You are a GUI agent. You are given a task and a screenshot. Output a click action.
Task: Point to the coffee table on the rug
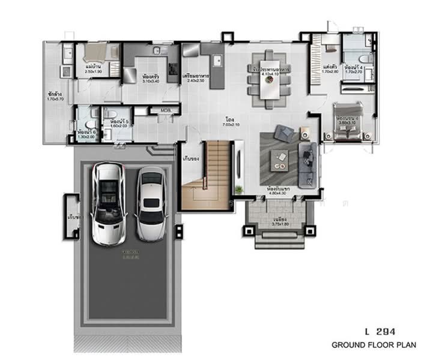[279, 158]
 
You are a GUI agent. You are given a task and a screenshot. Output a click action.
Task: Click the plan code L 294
[379, 331]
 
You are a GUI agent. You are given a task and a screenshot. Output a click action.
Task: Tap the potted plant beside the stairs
[239, 190]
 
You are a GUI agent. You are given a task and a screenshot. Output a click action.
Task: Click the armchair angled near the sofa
[282, 133]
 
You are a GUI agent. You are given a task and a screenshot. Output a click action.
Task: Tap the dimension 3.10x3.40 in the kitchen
[150, 82]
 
